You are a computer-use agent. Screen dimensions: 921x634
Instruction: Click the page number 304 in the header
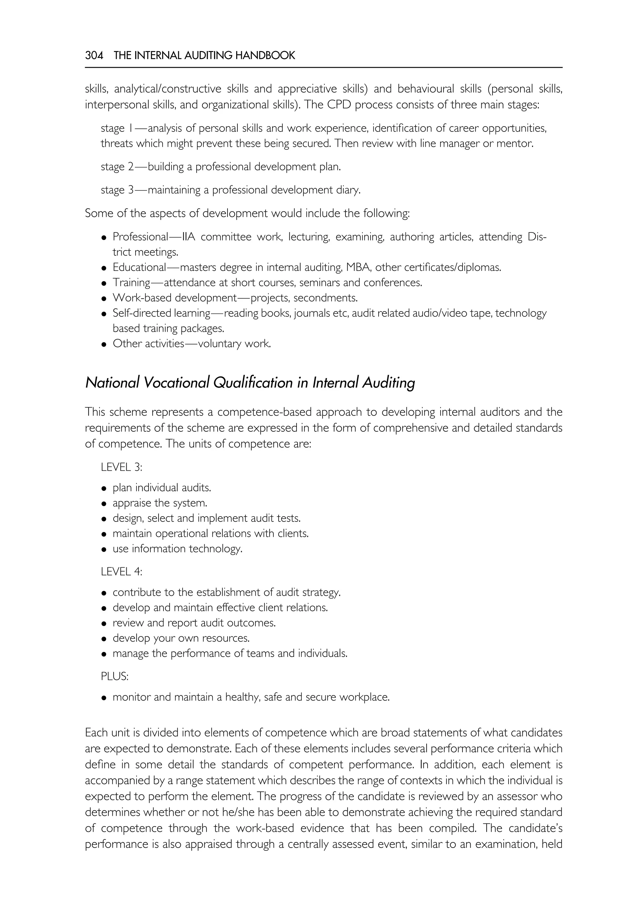(94, 56)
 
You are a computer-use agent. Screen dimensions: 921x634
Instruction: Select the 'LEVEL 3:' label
(121, 467)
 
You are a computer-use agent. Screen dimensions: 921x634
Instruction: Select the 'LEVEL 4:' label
(121, 572)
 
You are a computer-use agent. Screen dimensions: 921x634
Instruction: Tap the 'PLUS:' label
(115, 676)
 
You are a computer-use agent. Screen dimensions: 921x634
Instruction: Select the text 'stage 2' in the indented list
(117, 167)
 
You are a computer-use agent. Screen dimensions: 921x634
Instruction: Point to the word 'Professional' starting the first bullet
(141, 237)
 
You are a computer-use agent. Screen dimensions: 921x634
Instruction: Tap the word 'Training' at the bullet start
(131, 283)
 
